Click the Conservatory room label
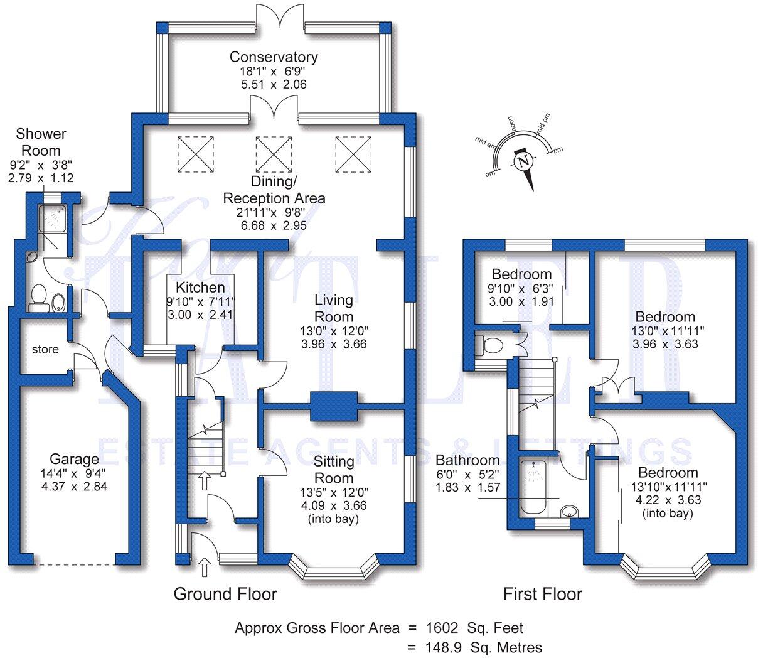coord(274,57)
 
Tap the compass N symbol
coord(523,162)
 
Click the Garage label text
coord(75,459)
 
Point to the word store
coord(45,349)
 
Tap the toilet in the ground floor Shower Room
coord(39,296)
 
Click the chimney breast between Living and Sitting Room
coord(334,406)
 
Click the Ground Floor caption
coord(225,594)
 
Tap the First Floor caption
coord(542,594)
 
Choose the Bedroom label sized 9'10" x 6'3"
coord(521,274)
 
